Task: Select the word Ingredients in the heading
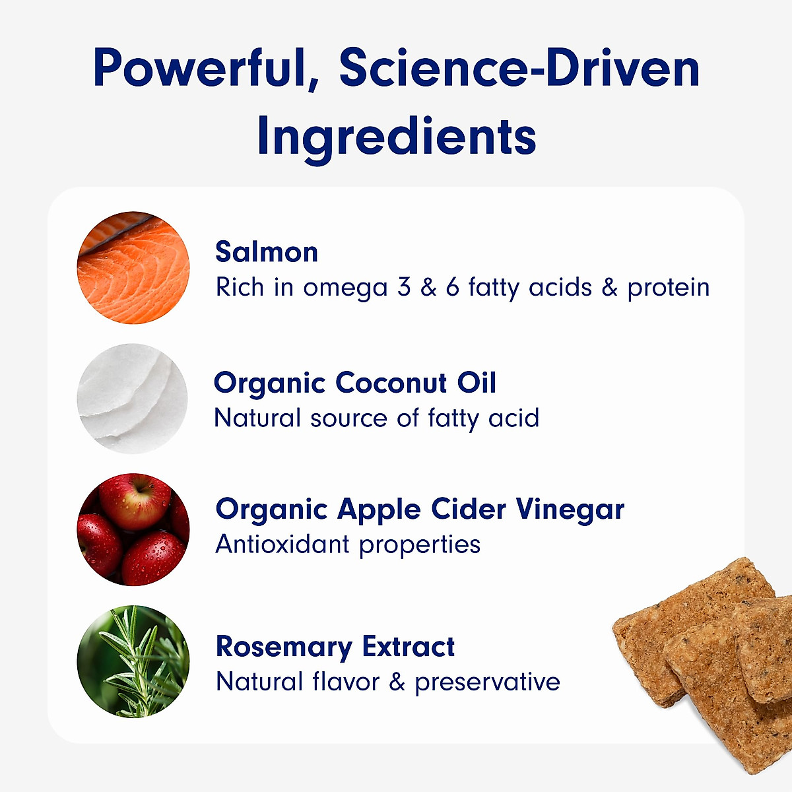396,137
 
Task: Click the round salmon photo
133,267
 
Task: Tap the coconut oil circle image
133,399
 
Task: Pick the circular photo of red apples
133,529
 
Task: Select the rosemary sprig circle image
133,661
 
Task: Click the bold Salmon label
267,251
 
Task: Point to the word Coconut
391,383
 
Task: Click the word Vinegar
570,510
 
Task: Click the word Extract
409,647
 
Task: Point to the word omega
345,288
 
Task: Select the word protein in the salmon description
669,288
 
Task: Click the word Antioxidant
282,544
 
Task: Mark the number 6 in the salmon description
452,287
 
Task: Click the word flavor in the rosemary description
346,681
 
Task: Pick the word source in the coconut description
348,419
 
